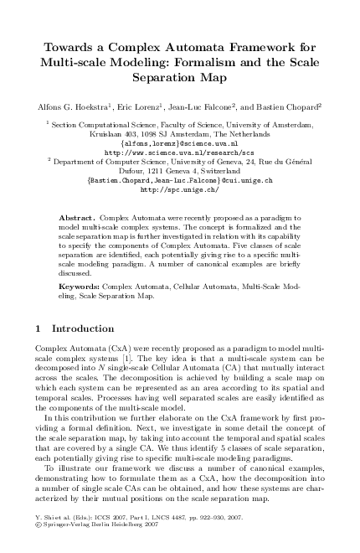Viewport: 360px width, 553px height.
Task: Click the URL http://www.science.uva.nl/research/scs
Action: click(180, 152)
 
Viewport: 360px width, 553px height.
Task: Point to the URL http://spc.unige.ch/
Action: click(180, 189)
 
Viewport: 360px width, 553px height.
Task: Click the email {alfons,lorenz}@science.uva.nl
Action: click(180, 143)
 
